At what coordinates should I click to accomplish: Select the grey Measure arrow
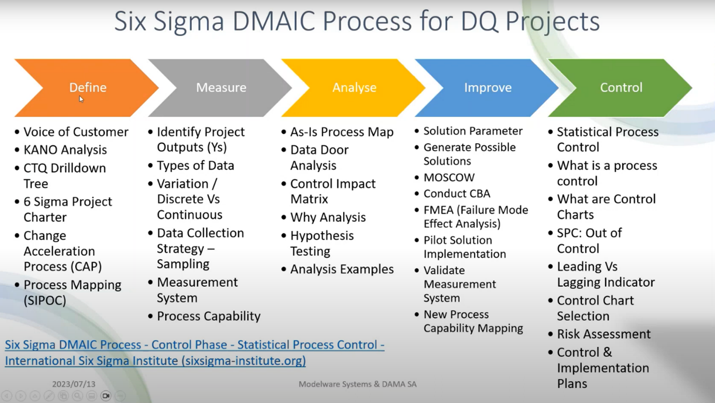(x=221, y=88)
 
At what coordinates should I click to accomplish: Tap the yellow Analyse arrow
(x=354, y=88)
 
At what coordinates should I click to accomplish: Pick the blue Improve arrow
(x=487, y=88)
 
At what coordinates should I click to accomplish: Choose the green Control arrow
(x=621, y=88)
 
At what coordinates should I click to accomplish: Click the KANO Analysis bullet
(x=65, y=150)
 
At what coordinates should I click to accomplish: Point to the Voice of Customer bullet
(x=76, y=132)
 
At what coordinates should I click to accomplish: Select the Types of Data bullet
(x=195, y=165)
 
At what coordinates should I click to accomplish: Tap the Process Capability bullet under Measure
(x=208, y=316)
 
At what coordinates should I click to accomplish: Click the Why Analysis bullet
(x=328, y=217)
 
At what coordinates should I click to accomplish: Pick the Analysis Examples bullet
(x=342, y=269)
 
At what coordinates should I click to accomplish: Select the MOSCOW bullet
(x=449, y=177)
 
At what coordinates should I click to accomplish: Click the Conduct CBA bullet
(x=457, y=193)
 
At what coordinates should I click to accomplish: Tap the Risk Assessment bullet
(x=604, y=334)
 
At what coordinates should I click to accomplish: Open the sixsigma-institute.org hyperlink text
(x=156, y=360)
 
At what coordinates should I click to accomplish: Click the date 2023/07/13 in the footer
(x=74, y=384)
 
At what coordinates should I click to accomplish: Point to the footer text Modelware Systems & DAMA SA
(x=357, y=384)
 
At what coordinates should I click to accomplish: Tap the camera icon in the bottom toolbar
(x=106, y=396)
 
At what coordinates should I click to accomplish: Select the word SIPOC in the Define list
(x=45, y=300)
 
